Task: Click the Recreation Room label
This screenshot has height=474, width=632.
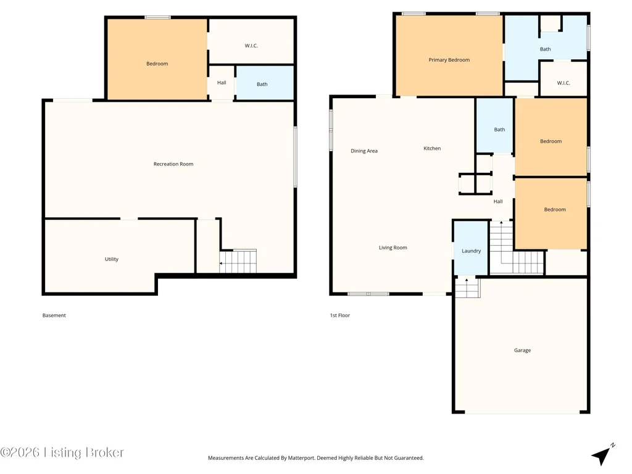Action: coord(173,164)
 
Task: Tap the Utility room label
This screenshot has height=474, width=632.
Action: coord(112,259)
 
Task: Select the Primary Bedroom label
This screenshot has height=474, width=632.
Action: coord(449,60)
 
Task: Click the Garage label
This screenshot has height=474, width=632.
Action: coord(522,351)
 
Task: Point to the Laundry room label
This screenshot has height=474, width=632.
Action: coord(471,251)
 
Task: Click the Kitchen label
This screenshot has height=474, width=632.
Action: coord(432,148)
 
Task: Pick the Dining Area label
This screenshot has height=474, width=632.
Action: coord(364,151)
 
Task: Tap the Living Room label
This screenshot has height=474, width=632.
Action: coord(393,247)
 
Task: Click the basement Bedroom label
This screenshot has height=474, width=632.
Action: coord(157,64)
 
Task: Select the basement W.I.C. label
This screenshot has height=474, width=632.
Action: coord(251,46)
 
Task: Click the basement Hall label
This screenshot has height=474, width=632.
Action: coord(222,83)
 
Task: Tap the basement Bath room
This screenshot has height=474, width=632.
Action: coord(264,83)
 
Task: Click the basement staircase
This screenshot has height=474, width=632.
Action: coord(238,261)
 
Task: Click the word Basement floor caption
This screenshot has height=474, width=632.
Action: coord(54,315)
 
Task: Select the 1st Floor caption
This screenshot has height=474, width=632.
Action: coord(340,315)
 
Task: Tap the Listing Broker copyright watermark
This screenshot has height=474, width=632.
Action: coord(62,452)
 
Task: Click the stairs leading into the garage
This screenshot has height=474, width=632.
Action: coord(468,288)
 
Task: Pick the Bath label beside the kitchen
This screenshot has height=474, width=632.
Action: coord(499,130)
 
